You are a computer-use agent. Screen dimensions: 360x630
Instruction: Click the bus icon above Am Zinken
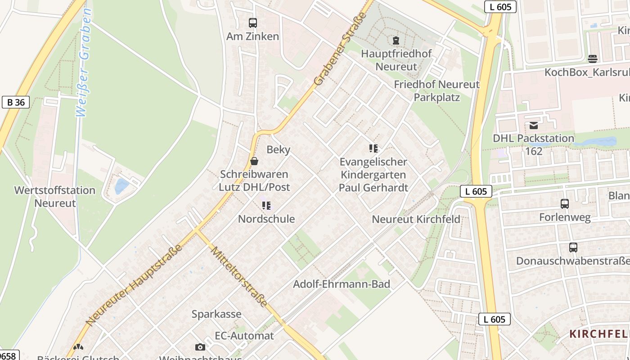(253, 22)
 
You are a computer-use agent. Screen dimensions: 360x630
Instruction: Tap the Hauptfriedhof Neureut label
(396, 60)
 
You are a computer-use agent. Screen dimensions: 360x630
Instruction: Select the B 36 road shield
(16, 102)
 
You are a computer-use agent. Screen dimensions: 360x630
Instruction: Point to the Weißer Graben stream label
(84, 63)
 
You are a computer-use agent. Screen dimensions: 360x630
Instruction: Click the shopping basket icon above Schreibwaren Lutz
(254, 161)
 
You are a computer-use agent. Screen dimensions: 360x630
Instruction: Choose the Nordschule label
(266, 219)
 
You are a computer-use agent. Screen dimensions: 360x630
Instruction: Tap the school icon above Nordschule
(266, 206)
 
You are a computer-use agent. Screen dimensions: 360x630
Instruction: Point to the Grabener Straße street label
(341, 49)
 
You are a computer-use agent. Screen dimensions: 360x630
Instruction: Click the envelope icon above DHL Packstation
(534, 125)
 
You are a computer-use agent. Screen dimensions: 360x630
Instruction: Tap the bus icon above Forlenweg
(565, 204)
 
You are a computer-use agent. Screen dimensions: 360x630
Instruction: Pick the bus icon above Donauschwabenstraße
(573, 247)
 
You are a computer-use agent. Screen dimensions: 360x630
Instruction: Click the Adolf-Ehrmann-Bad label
(342, 284)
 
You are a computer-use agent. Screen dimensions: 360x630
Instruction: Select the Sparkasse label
(216, 314)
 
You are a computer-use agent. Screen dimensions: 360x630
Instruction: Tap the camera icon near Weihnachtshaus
(200, 347)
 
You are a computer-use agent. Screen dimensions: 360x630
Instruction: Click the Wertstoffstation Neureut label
(55, 197)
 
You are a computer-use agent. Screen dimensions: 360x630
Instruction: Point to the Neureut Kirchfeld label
(416, 219)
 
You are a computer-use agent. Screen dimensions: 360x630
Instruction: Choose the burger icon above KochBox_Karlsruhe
(593, 58)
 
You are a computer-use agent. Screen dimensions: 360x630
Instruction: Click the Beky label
(279, 149)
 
